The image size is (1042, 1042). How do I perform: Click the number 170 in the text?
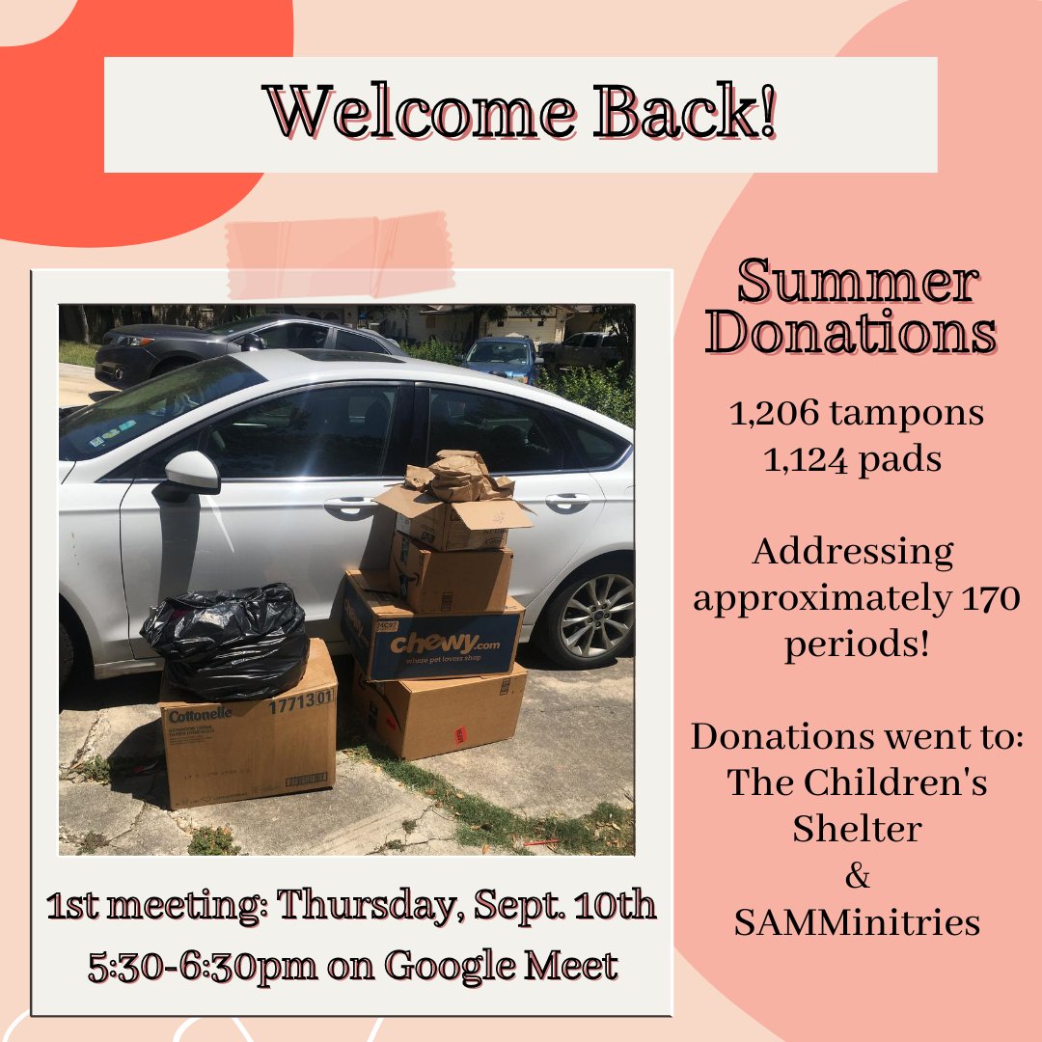(x=989, y=599)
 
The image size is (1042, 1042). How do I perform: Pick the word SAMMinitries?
(x=857, y=922)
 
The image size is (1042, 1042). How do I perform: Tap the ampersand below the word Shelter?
(x=857, y=877)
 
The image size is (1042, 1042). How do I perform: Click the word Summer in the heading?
(x=857, y=284)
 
